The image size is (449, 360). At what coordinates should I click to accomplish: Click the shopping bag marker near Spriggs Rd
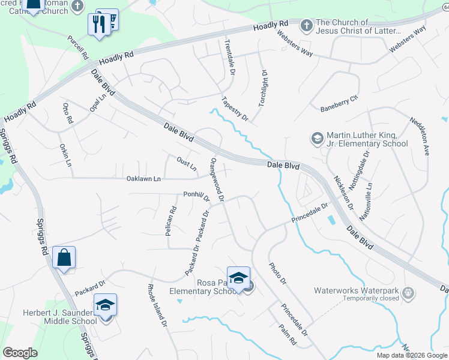click(63, 258)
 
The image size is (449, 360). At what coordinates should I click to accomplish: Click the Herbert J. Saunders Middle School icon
click(105, 305)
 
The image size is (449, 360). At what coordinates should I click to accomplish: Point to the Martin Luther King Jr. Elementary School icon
click(316, 139)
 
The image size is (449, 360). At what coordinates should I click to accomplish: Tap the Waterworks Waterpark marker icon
click(408, 293)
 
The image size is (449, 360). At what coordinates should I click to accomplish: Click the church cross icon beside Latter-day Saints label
click(306, 25)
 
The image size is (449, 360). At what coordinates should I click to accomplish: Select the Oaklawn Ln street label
click(143, 179)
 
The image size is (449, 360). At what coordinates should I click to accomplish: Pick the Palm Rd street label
click(288, 332)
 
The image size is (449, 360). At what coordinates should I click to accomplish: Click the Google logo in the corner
click(20, 353)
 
